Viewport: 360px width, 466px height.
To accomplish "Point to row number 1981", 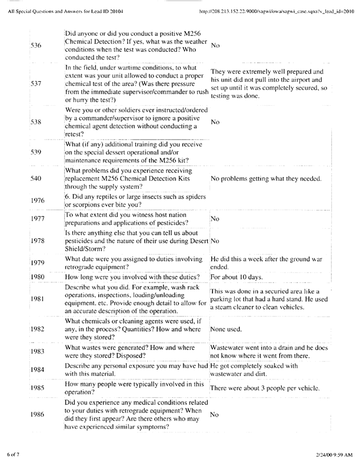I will click(x=36, y=299).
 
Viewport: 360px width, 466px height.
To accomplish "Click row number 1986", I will click(x=36, y=414).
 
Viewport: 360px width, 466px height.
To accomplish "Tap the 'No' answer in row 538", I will click(x=215, y=122).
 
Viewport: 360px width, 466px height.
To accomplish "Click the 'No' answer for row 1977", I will click(x=215, y=218).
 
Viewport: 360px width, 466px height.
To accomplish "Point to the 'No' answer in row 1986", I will click(x=215, y=414).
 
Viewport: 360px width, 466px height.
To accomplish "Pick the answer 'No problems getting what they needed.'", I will click(x=265, y=178).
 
